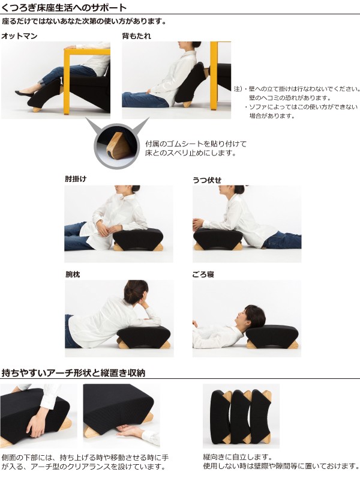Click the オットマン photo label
point(19,36)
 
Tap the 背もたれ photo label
point(136,36)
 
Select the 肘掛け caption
point(76,178)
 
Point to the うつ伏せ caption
point(207,180)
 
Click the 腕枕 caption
point(73,274)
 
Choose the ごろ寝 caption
point(203,274)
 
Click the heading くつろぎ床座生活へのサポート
point(64,7)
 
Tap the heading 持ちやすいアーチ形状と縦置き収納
point(73,373)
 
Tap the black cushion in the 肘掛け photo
point(138,239)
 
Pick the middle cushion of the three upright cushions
point(241,417)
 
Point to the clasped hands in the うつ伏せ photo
point(199,225)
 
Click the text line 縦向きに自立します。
point(238,457)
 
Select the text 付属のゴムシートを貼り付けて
point(196,144)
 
